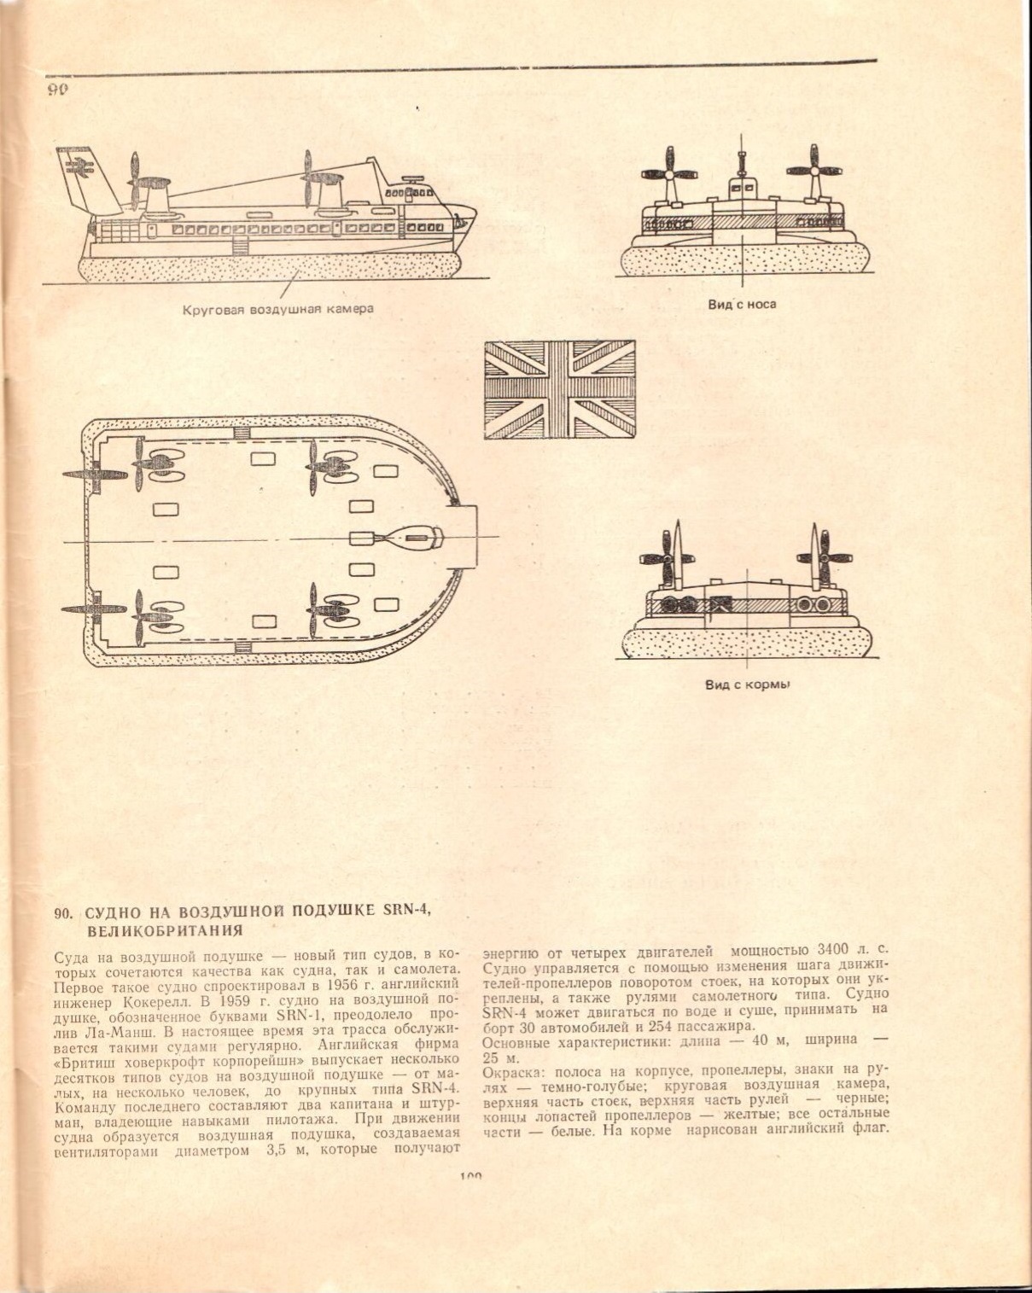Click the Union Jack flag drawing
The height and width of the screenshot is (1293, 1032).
[x=559, y=389]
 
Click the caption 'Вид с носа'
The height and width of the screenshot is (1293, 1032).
[x=741, y=304]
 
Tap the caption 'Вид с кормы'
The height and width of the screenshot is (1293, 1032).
[x=746, y=684]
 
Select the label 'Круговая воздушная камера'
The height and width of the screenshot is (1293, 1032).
[x=277, y=309]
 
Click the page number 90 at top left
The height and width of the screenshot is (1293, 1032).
[x=57, y=90]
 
